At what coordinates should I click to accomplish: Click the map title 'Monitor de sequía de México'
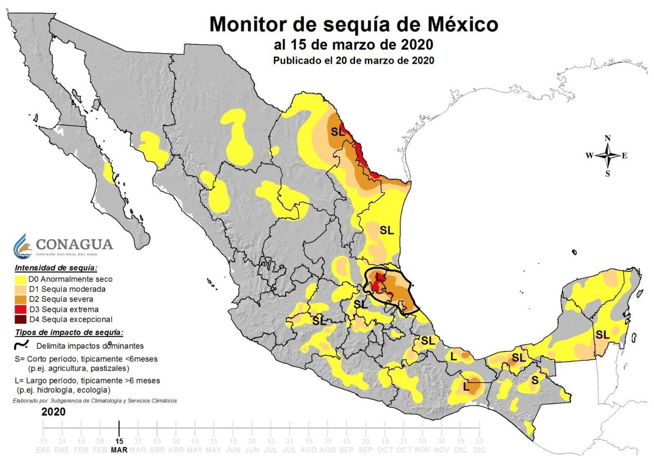click(x=353, y=24)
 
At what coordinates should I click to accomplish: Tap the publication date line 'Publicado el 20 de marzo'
click(x=353, y=61)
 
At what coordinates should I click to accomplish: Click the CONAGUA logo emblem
click(x=23, y=246)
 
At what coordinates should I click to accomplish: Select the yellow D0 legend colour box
click(x=21, y=279)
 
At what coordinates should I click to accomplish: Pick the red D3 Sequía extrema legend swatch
click(x=21, y=309)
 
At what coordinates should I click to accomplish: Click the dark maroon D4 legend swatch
click(x=21, y=319)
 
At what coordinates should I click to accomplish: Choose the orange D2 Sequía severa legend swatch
click(x=21, y=299)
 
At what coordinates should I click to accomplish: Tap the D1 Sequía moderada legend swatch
click(x=21, y=289)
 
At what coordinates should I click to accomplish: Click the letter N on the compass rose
click(x=608, y=138)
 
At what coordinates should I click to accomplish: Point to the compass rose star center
click(x=608, y=156)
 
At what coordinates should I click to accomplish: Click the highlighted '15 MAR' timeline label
click(x=119, y=445)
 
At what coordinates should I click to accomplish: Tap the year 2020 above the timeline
click(x=53, y=412)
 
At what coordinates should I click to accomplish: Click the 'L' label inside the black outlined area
click(x=379, y=277)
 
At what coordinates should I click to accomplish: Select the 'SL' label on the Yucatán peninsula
click(x=603, y=334)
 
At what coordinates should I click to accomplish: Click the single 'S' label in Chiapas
click(x=535, y=380)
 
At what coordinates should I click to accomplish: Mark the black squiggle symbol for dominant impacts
click(x=21, y=345)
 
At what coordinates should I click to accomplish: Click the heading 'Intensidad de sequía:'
click(x=56, y=268)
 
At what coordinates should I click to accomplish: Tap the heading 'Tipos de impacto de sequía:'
click(x=69, y=333)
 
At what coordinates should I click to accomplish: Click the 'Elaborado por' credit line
click(x=95, y=401)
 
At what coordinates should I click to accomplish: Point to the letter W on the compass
click(x=589, y=156)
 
